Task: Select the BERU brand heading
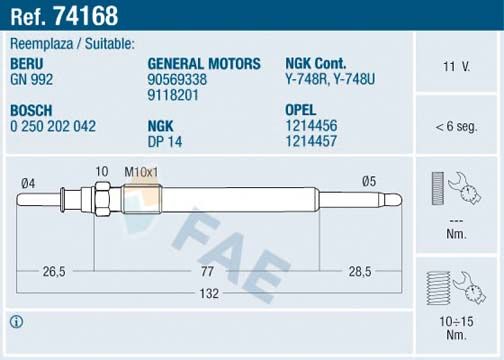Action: tap(27, 64)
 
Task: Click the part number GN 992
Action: tap(33, 78)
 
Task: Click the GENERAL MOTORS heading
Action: tap(204, 64)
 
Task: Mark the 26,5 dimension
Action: tap(54, 270)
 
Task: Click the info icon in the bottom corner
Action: tap(16, 322)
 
